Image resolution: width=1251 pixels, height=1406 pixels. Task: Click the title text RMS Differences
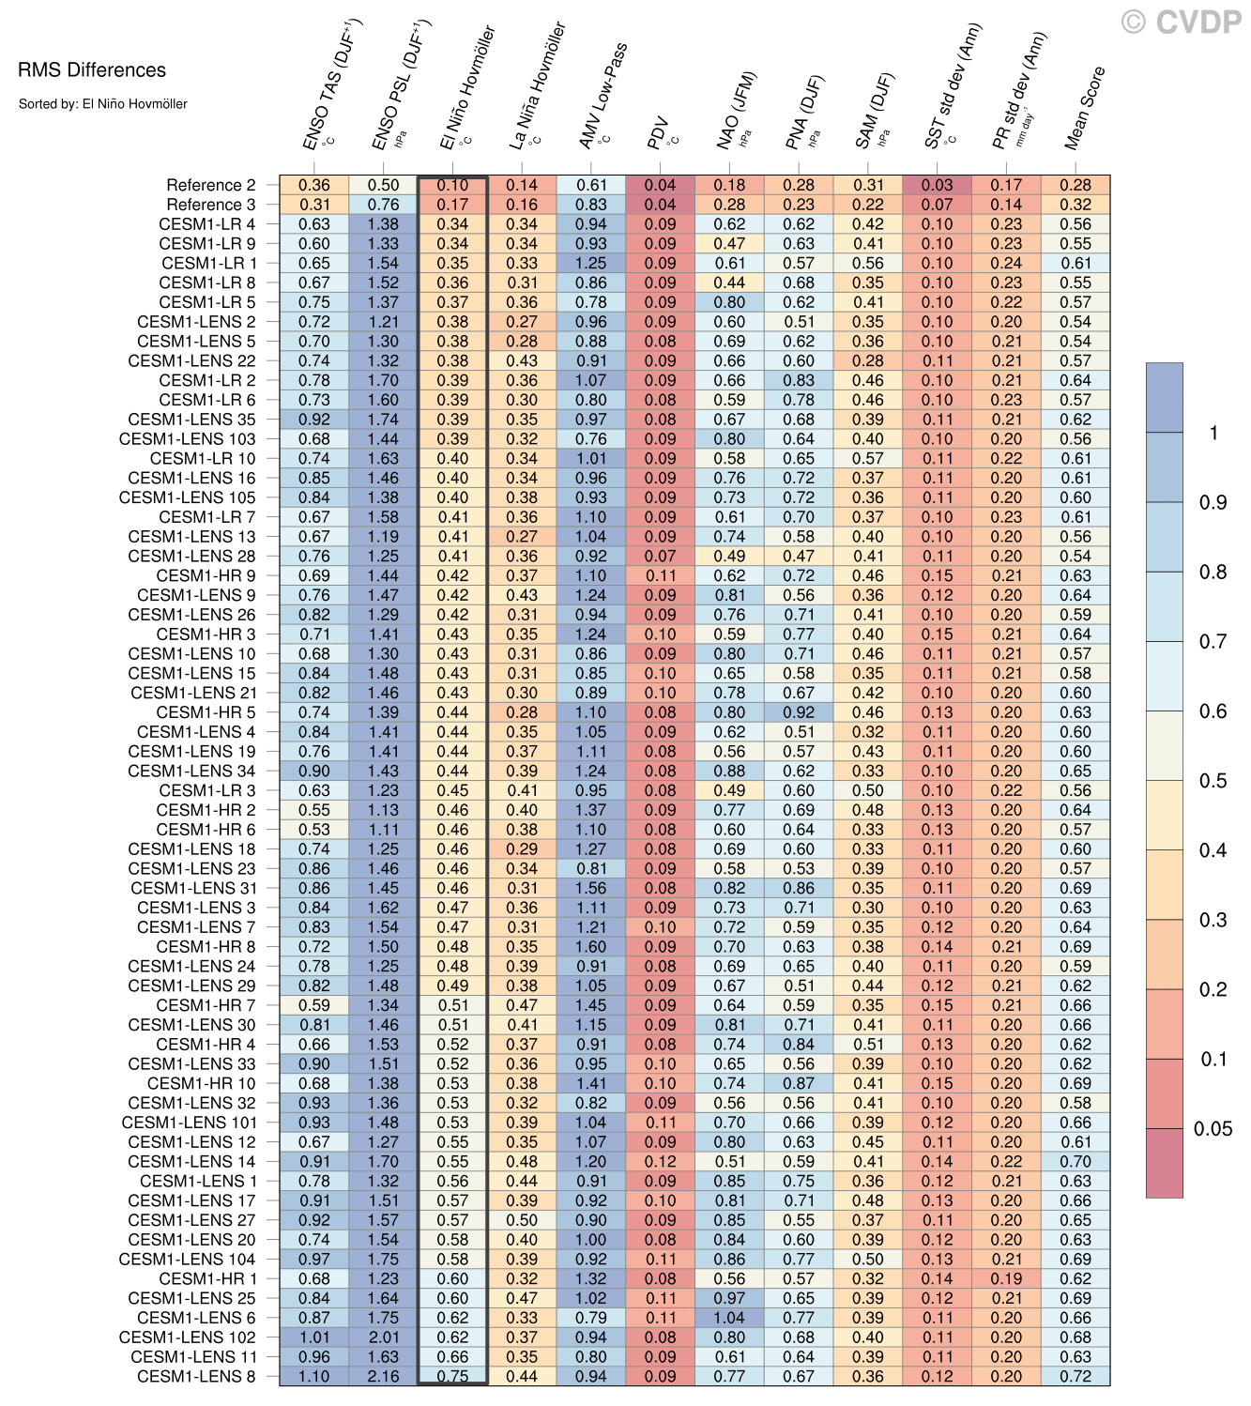point(92,70)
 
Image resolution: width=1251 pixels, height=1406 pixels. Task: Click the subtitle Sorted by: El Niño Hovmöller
point(103,104)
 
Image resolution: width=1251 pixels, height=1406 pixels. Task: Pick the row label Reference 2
point(210,185)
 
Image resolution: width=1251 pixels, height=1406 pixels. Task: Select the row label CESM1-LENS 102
point(187,1337)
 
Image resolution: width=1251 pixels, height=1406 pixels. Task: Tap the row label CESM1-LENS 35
point(191,420)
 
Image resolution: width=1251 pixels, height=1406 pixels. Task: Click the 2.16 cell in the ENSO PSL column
point(383,1376)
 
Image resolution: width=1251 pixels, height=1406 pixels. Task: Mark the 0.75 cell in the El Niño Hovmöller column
point(452,1376)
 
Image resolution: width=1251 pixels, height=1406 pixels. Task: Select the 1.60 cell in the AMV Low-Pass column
point(591,946)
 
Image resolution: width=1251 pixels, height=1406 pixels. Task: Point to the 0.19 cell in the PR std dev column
point(1006,1278)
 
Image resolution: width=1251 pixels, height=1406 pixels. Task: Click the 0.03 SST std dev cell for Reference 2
point(937,185)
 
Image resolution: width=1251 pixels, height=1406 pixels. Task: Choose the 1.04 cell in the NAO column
point(729,1318)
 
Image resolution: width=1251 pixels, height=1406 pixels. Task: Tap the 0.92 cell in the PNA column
point(799,712)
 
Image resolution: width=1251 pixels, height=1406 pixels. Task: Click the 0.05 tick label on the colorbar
point(1213,1129)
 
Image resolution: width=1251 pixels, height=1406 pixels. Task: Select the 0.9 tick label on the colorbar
point(1213,503)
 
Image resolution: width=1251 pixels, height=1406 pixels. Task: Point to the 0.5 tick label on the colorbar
point(1213,781)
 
